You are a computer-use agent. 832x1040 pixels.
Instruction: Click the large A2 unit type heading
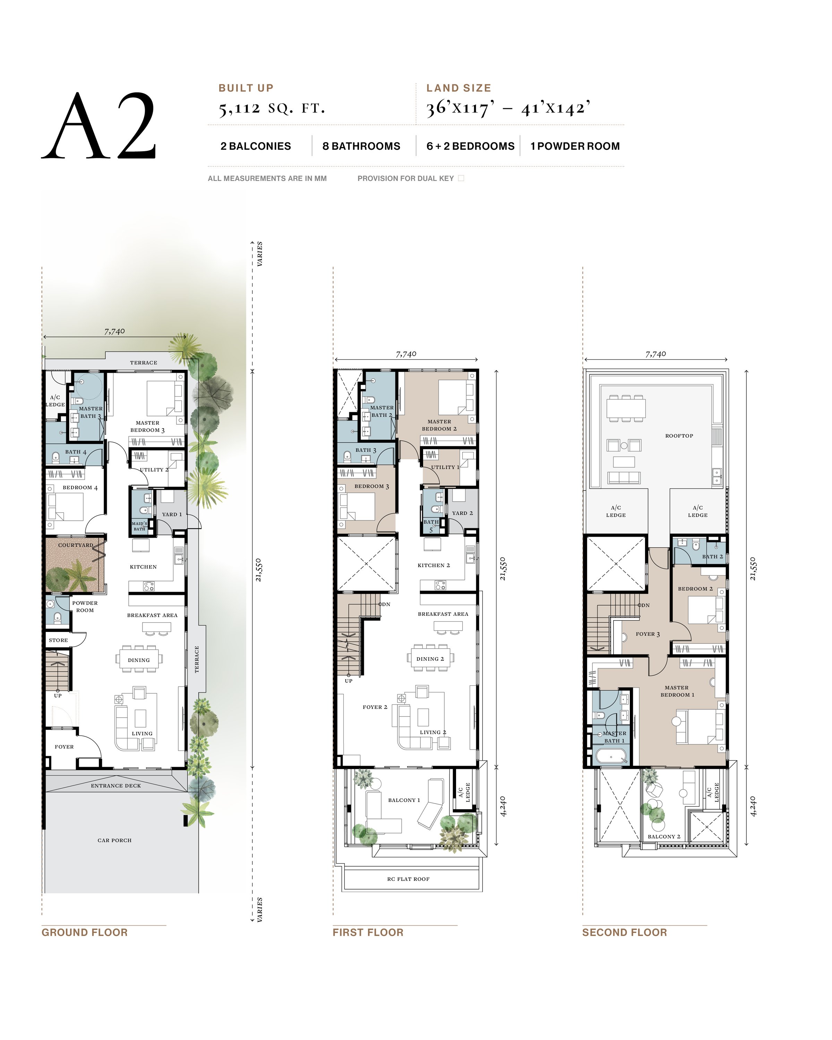point(99,127)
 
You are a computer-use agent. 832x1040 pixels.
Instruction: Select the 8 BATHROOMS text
point(361,146)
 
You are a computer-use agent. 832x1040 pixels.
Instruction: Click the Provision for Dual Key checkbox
point(461,178)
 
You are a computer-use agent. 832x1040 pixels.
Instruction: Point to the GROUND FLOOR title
point(85,932)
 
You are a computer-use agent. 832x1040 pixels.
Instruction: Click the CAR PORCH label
point(114,840)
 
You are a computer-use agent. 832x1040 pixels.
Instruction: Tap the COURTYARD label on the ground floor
point(75,545)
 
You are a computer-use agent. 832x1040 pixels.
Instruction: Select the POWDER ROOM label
point(85,606)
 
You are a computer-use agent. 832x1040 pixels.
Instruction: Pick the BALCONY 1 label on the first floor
point(404,800)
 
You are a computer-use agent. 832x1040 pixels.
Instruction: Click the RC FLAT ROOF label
point(408,879)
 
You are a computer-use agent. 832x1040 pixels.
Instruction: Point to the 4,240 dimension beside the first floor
point(503,806)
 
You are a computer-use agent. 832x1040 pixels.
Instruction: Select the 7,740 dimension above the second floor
point(655,354)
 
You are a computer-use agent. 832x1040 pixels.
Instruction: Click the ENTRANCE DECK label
point(116,785)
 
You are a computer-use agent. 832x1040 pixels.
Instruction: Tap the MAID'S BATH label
point(139,526)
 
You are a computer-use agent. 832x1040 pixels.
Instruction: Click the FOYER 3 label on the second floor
point(647,634)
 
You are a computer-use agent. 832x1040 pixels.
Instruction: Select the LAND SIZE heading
point(458,88)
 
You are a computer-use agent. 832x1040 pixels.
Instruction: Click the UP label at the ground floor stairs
point(58,695)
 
